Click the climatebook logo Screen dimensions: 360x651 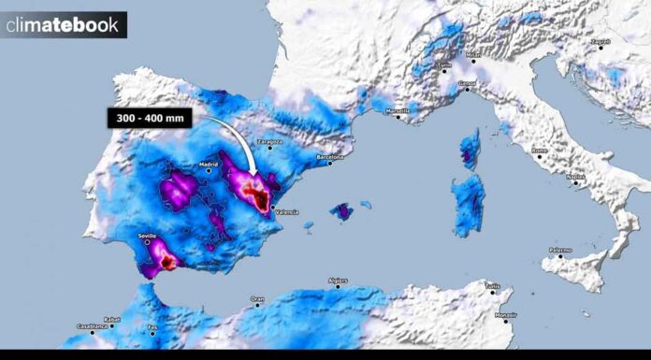pyautogui.click(x=63, y=25)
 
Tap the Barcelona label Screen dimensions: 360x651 pyautogui.click(x=329, y=156)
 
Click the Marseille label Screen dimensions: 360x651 pyautogui.click(x=399, y=111)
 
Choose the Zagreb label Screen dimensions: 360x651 pyautogui.click(x=600, y=42)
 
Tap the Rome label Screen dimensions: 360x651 pyautogui.click(x=539, y=151)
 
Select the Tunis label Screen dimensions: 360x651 pyautogui.click(x=493, y=285)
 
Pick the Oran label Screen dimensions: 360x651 pyautogui.click(x=256, y=300)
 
